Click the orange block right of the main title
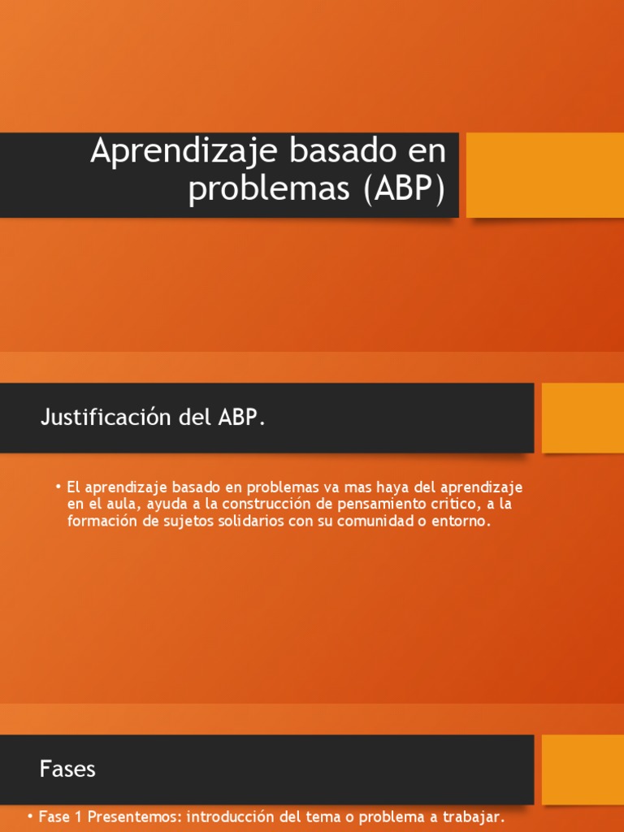(544, 175)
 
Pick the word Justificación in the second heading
(96, 418)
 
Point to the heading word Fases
(67, 769)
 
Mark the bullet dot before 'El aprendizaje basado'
(59, 487)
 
